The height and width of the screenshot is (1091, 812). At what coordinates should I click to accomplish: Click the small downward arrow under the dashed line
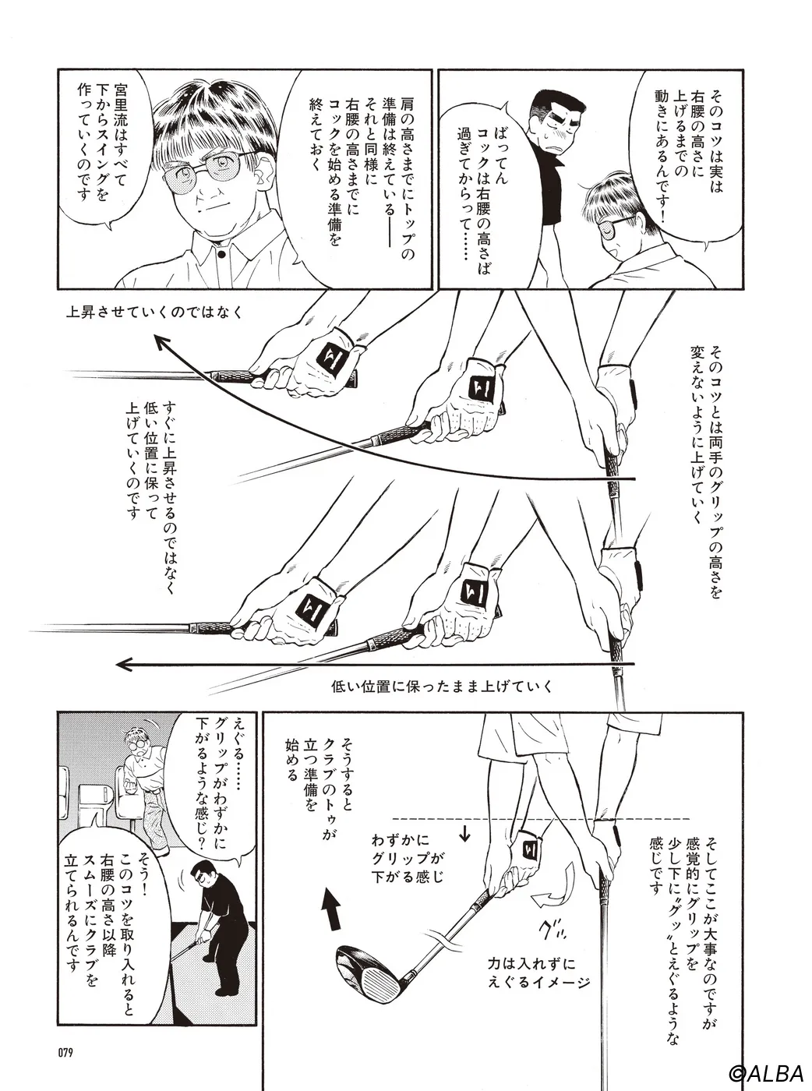464,833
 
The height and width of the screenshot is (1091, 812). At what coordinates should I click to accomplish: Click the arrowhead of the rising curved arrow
161,342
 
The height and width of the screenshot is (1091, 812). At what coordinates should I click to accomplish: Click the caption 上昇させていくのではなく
154,312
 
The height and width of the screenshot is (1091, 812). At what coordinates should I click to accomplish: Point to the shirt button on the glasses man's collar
221,256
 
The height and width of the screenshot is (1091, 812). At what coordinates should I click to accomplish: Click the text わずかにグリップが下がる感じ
408,858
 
